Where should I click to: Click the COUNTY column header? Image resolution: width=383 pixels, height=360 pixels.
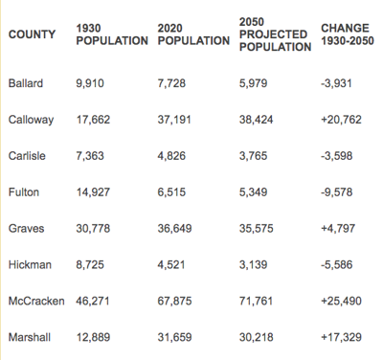[x=32, y=34]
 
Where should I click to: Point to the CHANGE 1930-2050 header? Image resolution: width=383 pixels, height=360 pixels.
[x=348, y=34]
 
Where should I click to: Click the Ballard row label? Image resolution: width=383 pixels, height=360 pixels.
[x=25, y=84]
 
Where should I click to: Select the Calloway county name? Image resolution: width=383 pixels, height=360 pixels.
[x=31, y=121]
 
